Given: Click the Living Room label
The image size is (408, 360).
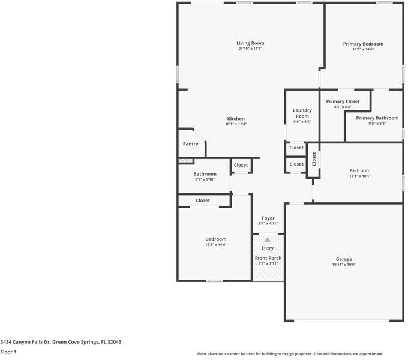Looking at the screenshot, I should point(250,43).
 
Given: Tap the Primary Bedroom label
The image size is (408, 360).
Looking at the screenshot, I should point(363,44).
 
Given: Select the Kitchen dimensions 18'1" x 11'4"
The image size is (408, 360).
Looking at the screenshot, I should point(235,124).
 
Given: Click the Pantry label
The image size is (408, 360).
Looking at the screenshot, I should point(190,144).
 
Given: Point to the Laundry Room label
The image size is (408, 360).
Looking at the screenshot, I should point(302,113).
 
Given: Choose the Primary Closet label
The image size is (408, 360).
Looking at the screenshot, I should point(343,101).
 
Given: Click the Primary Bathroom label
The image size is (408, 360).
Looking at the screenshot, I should point(377,118).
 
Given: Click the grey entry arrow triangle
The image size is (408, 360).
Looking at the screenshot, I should point(268,240).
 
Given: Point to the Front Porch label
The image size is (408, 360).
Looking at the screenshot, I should point(268,258).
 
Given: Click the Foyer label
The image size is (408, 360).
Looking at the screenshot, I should point(268,218).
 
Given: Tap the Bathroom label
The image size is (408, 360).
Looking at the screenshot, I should point(205,174).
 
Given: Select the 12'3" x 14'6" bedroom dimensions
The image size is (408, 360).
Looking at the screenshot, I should point(215,244).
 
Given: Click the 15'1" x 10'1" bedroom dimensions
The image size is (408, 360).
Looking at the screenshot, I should point(360,176).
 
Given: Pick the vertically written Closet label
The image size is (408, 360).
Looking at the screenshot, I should point(313,159).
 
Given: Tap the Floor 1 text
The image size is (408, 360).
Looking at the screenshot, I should point(8,352).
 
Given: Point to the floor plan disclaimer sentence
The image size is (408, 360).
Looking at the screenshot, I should point(290,354).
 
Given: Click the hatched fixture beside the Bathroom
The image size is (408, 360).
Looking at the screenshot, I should point(186,161).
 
